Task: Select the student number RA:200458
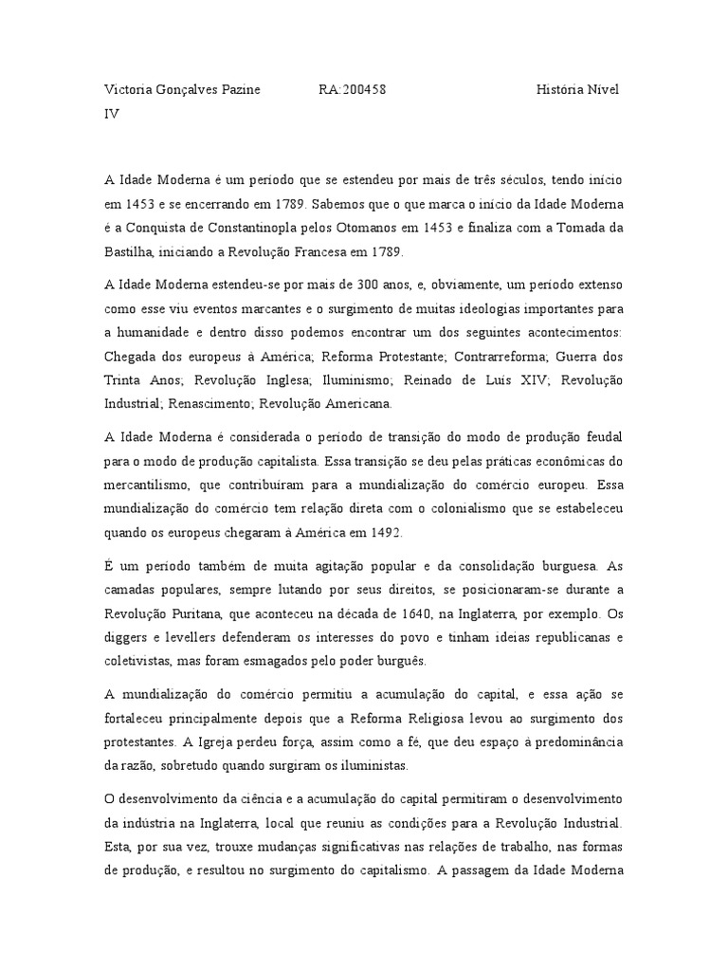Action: pos(353,90)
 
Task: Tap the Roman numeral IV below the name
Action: pos(111,113)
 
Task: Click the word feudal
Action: pos(602,435)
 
